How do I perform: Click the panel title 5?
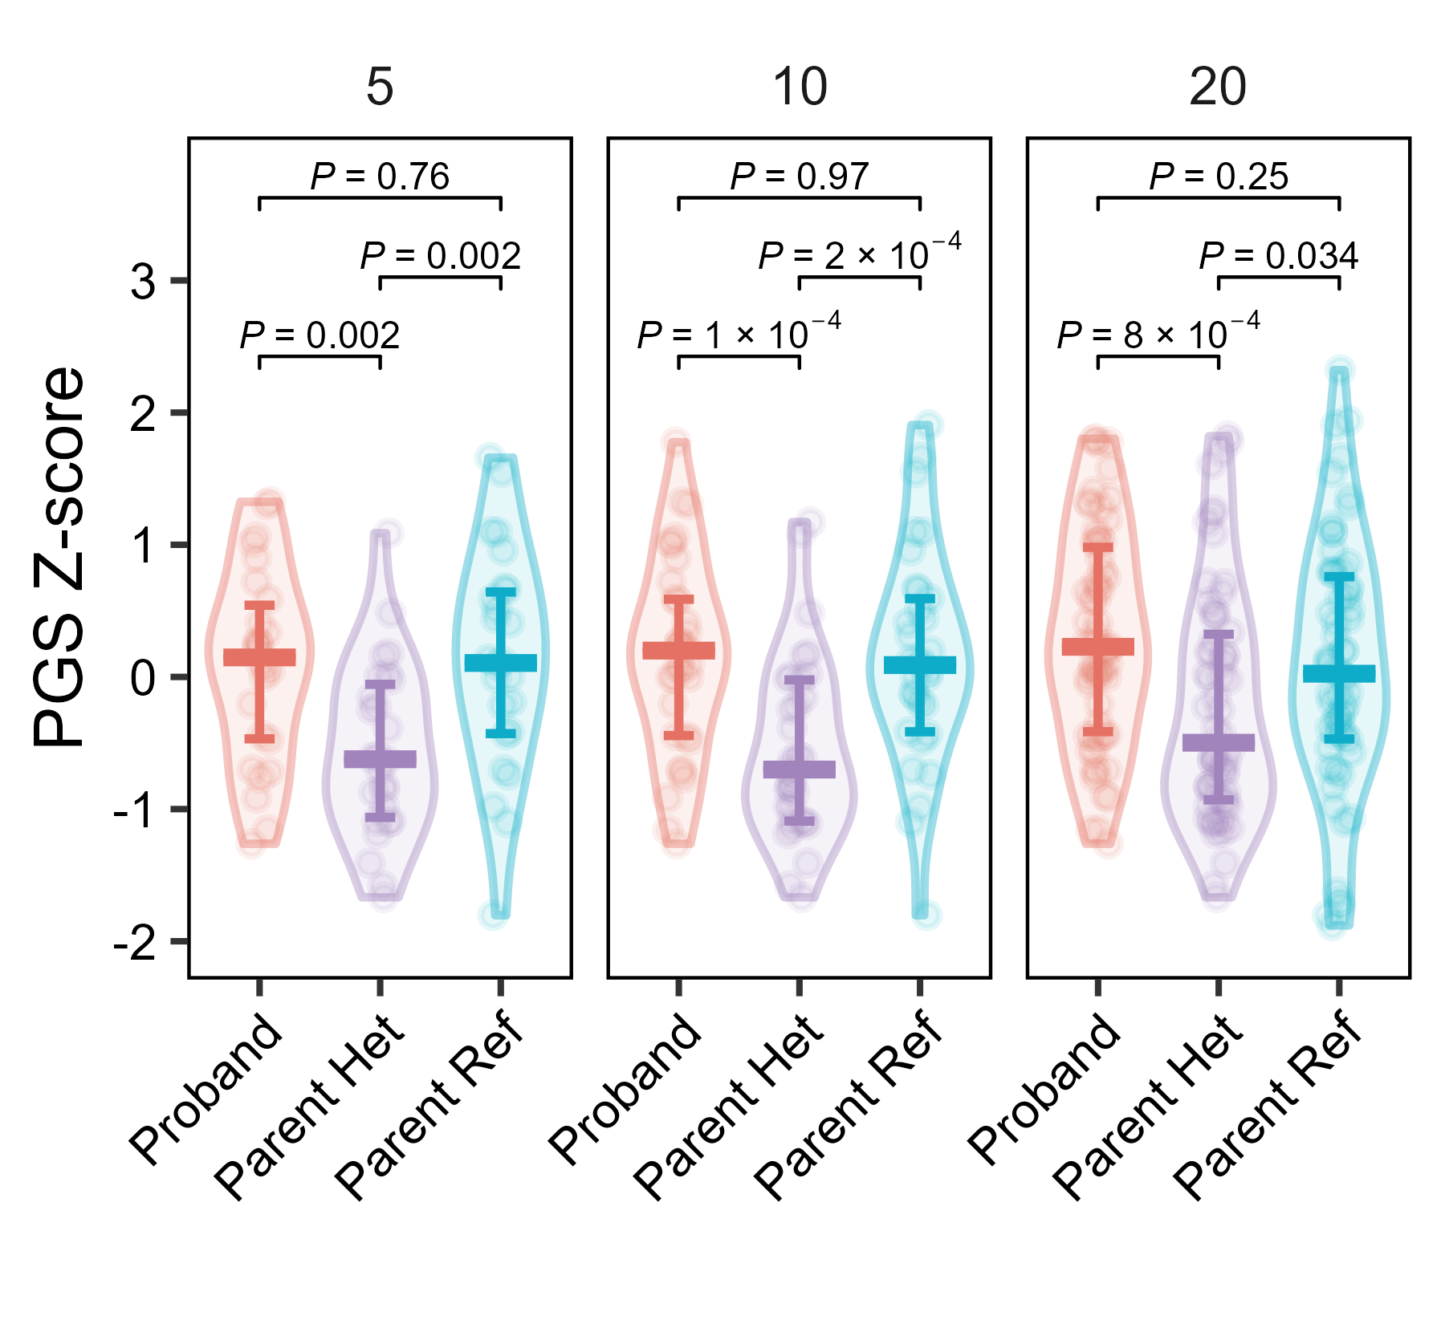[x=380, y=87]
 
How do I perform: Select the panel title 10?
[x=800, y=87]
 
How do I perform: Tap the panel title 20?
[x=1218, y=87]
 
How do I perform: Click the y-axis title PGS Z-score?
[x=59, y=557]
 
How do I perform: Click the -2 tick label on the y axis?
[x=135, y=943]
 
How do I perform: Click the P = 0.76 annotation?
[x=380, y=177]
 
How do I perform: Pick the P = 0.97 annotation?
[x=800, y=177]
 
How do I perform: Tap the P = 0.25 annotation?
[x=1219, y=177]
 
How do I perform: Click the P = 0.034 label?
[x=1278, y=256]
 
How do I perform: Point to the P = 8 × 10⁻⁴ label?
[x=1158, y=333]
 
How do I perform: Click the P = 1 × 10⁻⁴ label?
[x=739, y=333]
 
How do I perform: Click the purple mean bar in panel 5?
[x=380, y=759]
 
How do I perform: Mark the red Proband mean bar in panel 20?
[x=1097, y=647]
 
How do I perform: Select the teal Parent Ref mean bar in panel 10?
[x=920, y=664]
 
